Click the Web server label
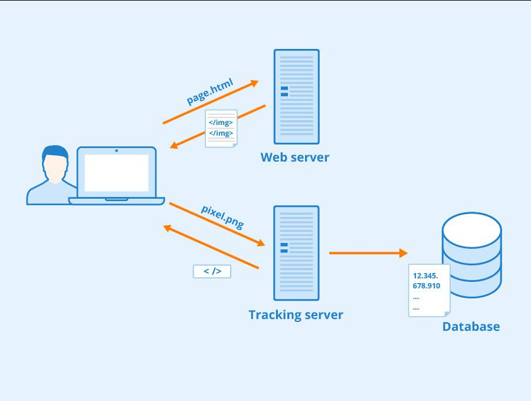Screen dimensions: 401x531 pyautogui.click(x=295, y=157)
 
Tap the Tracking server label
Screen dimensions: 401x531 pyautogui.click(x=296, y=314)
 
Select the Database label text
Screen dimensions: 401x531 pyautogui.click(x=471, y=326)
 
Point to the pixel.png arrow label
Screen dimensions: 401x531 pyautogui.click(x=222, y=216)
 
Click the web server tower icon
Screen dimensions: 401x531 pyautogui.click(x=296, y=97)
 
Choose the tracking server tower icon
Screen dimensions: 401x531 pyautogui.click(x=296, y=253)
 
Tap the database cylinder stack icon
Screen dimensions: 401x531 pyautogui.click(x=471, y=255)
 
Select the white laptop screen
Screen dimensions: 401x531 pyautogui.click(x=116, y=173)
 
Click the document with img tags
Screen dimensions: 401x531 pyautogui.click(x=221, y=128)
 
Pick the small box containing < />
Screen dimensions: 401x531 pyautogui.click(x=212, y=271)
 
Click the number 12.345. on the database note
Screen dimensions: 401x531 pyautogui.click(x=426, y=275)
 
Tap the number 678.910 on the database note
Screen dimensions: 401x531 pyautogui.click(x=426, y=286)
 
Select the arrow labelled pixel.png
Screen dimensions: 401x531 pyautogui.click(x=216, y=224)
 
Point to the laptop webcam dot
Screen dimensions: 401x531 pyautogui.click(x=116, y=151)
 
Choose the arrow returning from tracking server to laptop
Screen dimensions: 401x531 pyautogui.click(x=211, y=247)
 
